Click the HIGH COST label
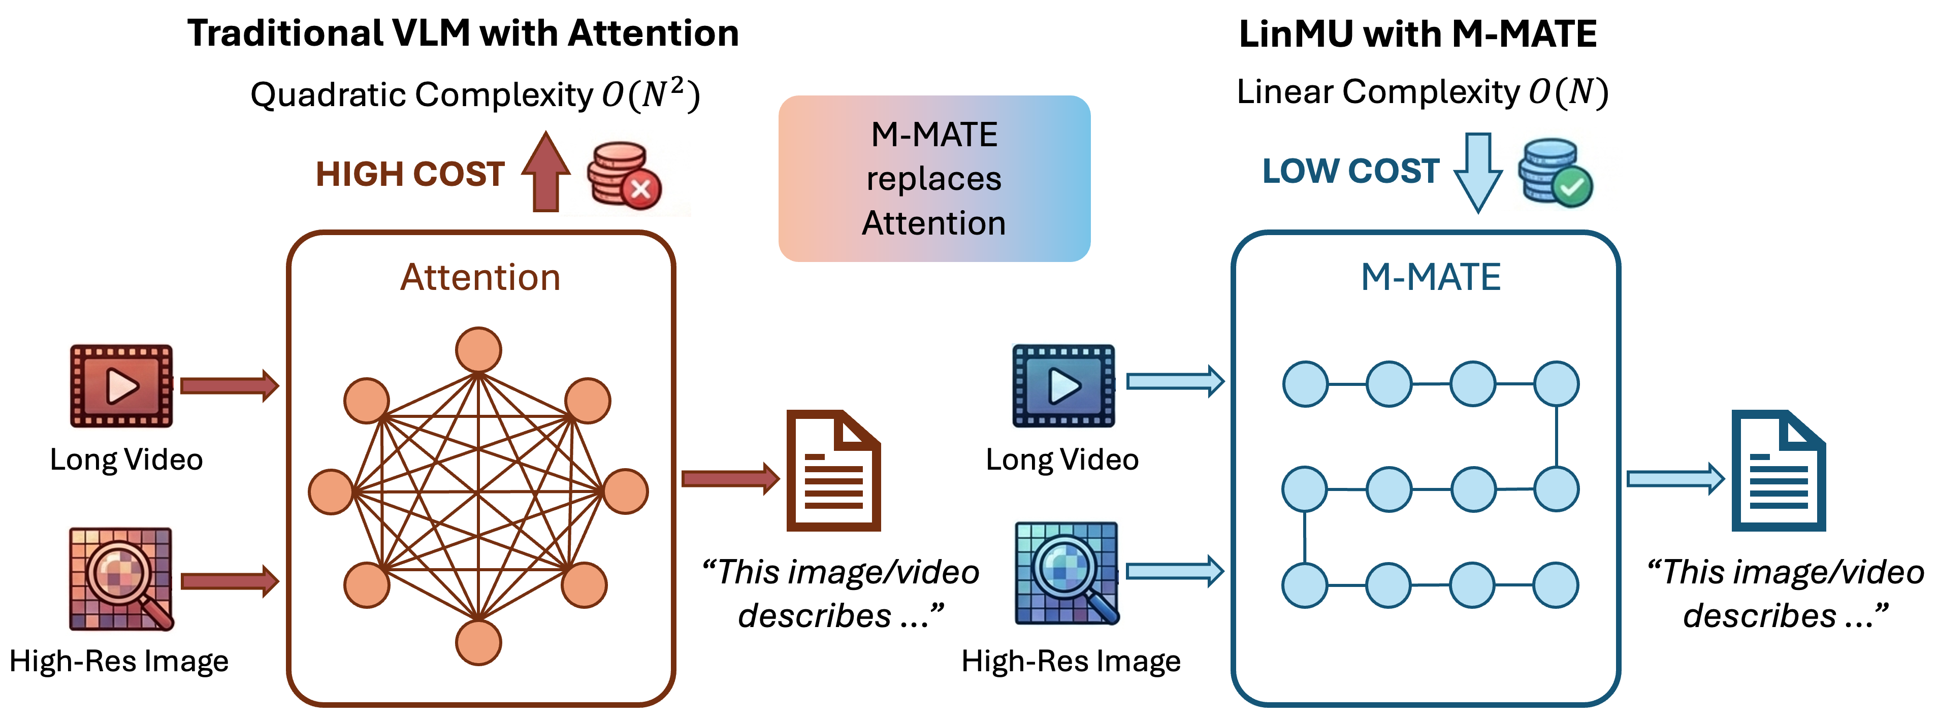point(410,175)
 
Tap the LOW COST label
point(1350,172)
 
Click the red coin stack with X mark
point(623,175)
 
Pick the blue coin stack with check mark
point(1554,173)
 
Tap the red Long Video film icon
point(121,386)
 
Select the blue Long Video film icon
point(1063,386)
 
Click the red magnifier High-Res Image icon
point(121,579)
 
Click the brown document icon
point(833,471)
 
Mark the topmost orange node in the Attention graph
point(478,350)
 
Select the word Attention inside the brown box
point(480,277)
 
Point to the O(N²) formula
point(651,95)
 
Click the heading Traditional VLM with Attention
point(463,34)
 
